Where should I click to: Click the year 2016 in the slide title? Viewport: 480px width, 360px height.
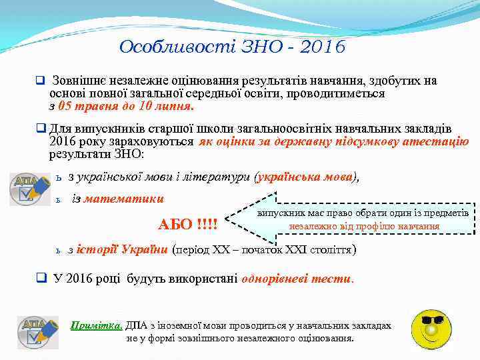(x=322, y=47)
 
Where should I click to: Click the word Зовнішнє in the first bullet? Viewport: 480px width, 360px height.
(x=84, y=81)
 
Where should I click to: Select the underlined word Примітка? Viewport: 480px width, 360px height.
(x=96, y=326)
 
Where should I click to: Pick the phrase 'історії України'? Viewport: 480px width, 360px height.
(x=122, y=250)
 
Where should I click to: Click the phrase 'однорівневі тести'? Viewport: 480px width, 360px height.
(x=297, y=279)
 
